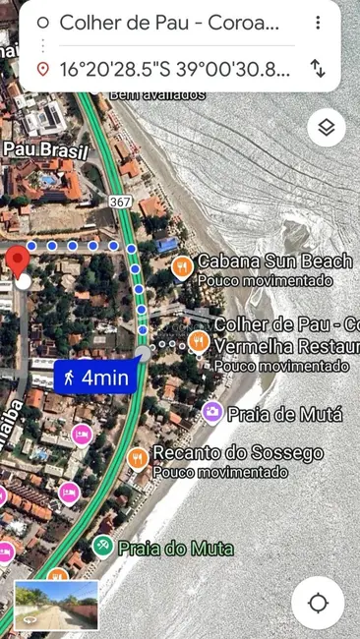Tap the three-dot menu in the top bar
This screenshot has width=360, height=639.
click(318, 23)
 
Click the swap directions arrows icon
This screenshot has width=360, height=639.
click(318, 68)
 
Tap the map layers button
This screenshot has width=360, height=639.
click(327, 128)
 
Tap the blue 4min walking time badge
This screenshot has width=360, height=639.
click(94, 377)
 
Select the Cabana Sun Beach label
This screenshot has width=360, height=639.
click(274, 261)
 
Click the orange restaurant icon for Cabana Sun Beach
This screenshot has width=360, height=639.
click(182, 266)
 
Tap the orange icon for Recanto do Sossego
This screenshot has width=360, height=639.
click(139, 458)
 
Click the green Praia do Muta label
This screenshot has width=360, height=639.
click(176, 548)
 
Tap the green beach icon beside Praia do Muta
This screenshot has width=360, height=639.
click(102, 546)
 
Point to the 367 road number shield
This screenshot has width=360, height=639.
click(121, 202)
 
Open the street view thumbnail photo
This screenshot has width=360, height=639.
click(56, 605)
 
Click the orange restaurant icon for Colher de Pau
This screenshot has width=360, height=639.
click(199, 341)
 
